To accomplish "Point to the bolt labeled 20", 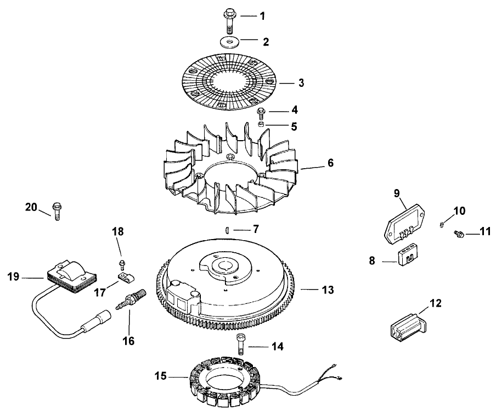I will click(57, 210).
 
